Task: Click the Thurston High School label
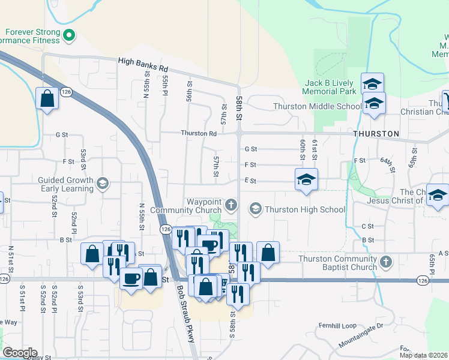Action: click(x=305, y=209)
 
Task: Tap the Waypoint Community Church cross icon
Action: click(x=231, y=206)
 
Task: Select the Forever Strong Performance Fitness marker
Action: click(x=69, y=36)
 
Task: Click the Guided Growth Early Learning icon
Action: click(x=102, y=184)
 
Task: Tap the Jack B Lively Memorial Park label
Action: click(x=331, y=87)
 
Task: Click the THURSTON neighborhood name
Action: click(x=376, y=133)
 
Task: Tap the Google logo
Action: click(x=19, y=353)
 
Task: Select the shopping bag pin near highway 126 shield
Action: click(x=47, y=98)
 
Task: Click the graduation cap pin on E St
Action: click(x=306, y=179)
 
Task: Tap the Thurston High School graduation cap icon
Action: click(x=255, y=209)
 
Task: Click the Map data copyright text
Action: click(x=424, y=355)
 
